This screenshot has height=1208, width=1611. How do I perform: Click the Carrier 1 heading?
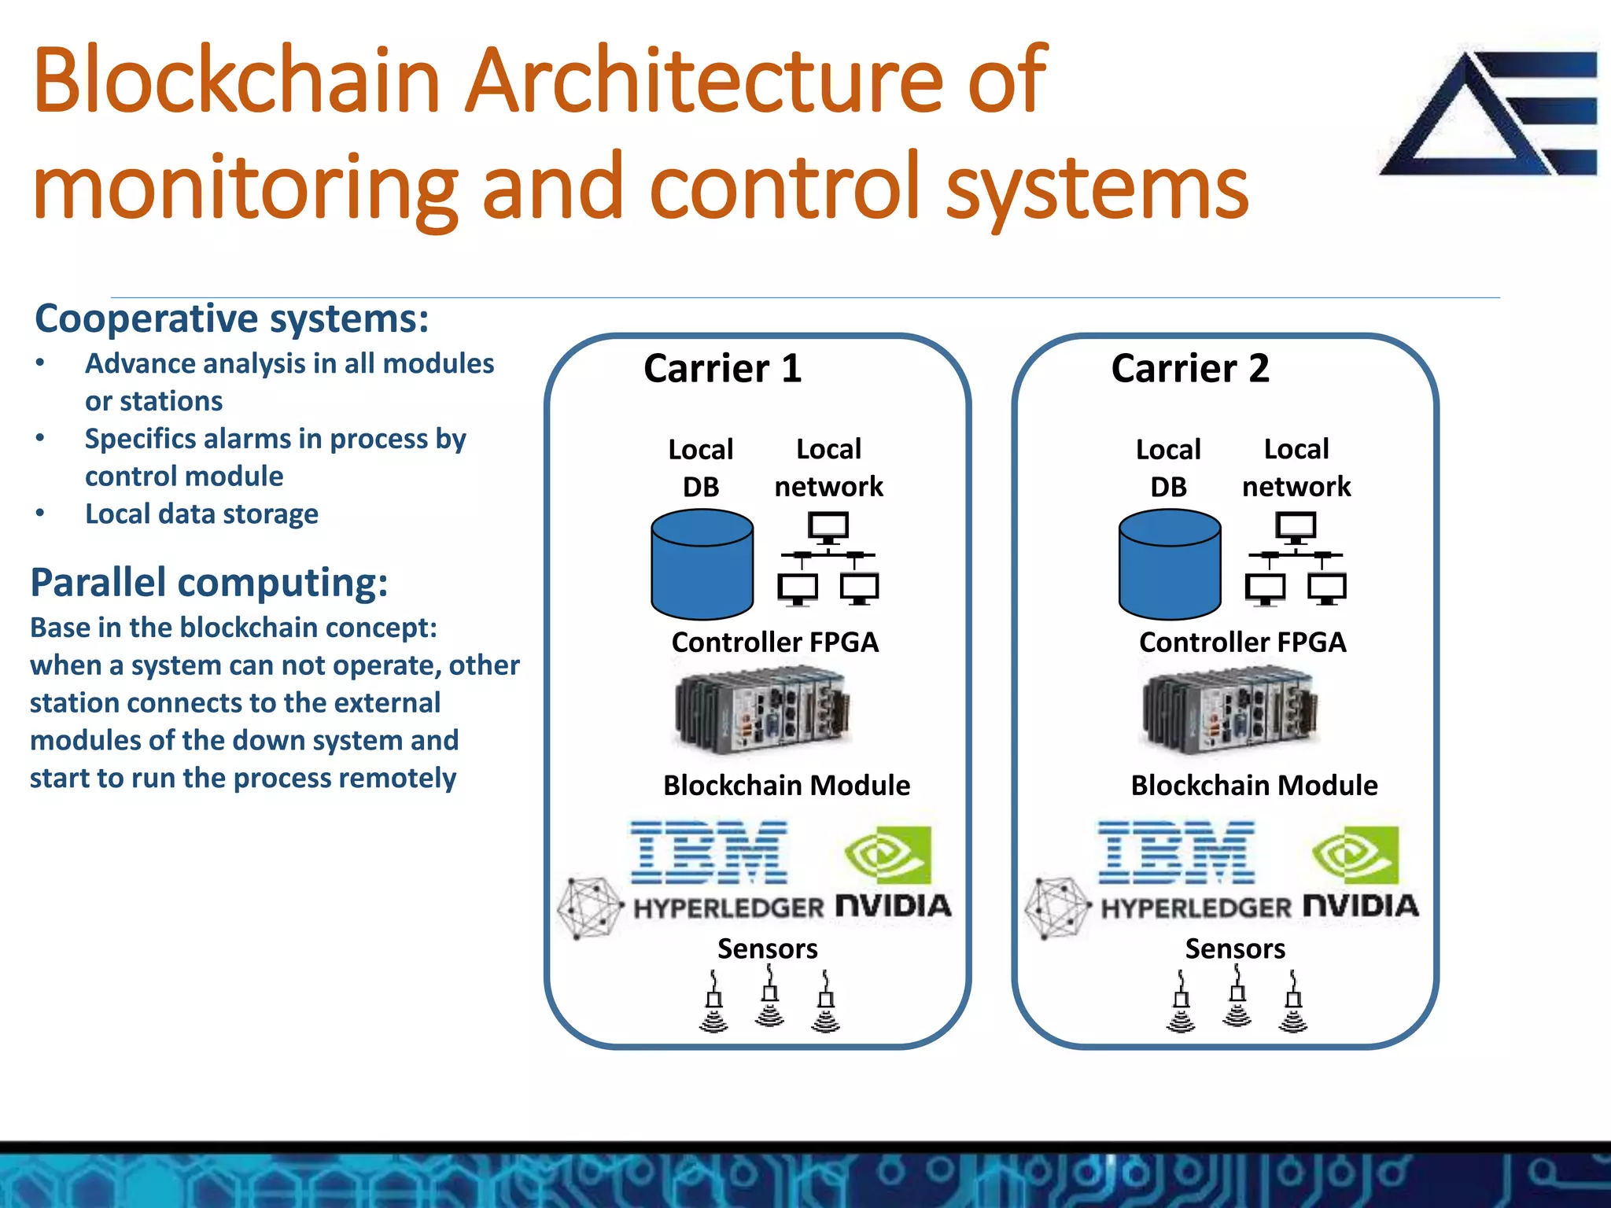pyautogui.click(x=722, y=369)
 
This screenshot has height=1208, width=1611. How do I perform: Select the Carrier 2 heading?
pyautogui.click(x=1189, y=369)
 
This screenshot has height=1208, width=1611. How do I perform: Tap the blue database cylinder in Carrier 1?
pyautogui.click(x=702, y=565)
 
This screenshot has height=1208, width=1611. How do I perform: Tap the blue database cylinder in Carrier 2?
pyautogui.click(x=1169, y=565)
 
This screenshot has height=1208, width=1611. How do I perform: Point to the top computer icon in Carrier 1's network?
pyautogui.click(x=828, y=526)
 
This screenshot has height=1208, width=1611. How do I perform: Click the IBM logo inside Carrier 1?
pyautogui.click(x=709, y=853)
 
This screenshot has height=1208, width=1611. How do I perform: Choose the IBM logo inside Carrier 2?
pyautogui.click(x=1176, y=853)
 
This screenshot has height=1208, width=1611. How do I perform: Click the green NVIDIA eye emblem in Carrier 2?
pyautogui.click(x=1355, y=855)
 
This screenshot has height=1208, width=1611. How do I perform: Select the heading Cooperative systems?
pyautogui.click(x=232, y=319)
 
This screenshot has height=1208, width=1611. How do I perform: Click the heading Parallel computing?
pyautogui.click(x=209, y=583)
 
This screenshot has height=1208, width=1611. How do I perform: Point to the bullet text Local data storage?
pyautogui.click(x=201, y=514)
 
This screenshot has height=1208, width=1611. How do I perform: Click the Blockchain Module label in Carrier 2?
pyautogui.click(x=1254, y=786)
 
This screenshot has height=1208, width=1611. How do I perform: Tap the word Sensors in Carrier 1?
pyautogui.click(x=767, y=948)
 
